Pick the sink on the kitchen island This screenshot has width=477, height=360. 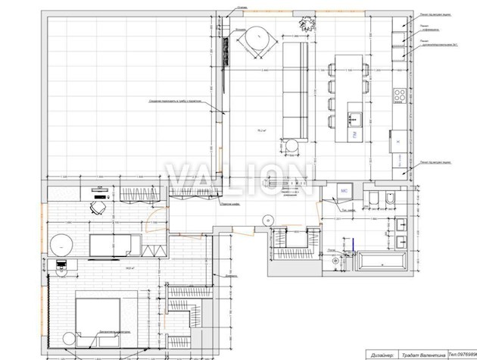click(352, 118)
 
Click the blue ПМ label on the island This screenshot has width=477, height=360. click(354, 134)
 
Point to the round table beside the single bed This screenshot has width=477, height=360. click(61, 244)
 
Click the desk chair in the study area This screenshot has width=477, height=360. click(98, 206)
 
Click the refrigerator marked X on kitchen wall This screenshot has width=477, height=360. click(397, 140)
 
